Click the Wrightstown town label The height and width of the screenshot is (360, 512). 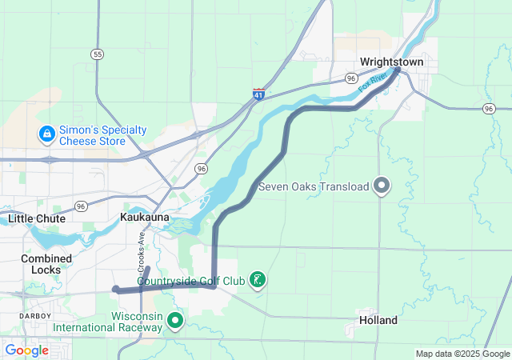(391, 62)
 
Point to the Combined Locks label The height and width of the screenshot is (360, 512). (46, 264)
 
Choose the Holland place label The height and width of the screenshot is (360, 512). (378, 320)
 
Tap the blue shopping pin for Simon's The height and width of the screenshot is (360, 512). (46, 133)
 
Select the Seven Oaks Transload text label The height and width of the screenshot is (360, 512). (314, 187)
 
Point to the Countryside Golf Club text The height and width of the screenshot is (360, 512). (190, 281)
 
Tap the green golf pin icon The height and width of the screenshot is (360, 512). (258, 280)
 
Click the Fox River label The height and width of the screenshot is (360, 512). (373, 81)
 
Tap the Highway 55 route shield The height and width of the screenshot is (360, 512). (97, 54)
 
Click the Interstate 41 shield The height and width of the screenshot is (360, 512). (258, 94)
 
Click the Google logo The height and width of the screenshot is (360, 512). (26, 350)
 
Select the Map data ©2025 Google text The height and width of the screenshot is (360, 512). (462, 354)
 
